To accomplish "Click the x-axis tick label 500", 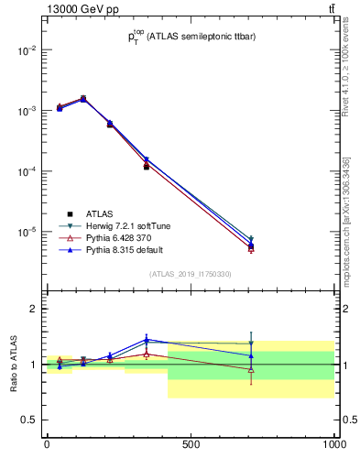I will [x=191, y=444].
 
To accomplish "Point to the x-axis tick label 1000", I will [x=333, y=444].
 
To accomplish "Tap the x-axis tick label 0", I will [x=47, y=444].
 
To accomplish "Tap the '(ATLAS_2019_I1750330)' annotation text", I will [x=190, y=274].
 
